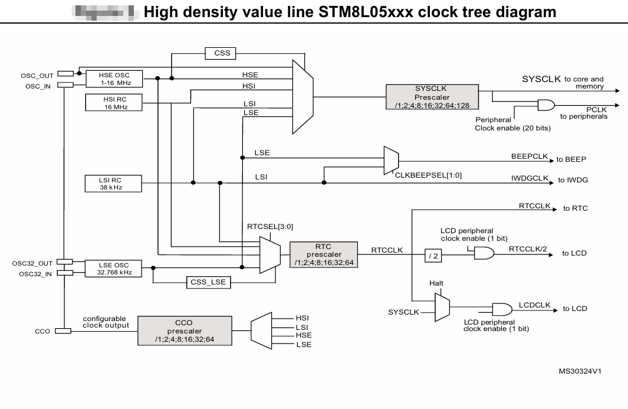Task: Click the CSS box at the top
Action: pyautogui.click(x=222, y=54)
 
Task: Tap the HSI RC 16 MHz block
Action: pyautogui.click(x=114, y=103)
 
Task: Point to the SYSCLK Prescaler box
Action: pyautogui.click(x=431, y=97)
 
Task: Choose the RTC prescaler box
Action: pyautogui.click(x=323, y=254)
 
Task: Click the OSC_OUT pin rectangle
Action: pyautogui.click(x=65, y=74)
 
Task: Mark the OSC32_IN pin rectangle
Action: pyautogui.click(x=65, y=273)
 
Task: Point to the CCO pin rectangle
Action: pyautogui.click(x=63, y=331)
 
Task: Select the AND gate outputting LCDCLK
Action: pyautogui.click(x=502, y=309)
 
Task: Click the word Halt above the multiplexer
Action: pyautogui.click(x=436, y=283)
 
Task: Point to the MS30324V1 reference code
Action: pyautogui.click(x=584, y=371)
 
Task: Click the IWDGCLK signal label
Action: pyautogui.click(x=530, y=177)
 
